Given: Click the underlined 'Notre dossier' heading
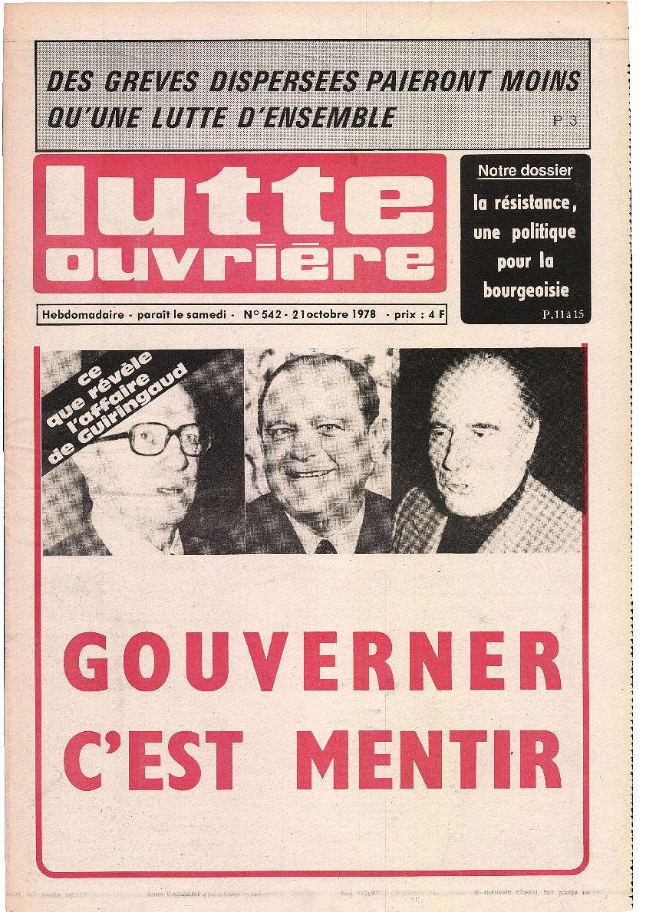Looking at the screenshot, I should click(525, 171).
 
